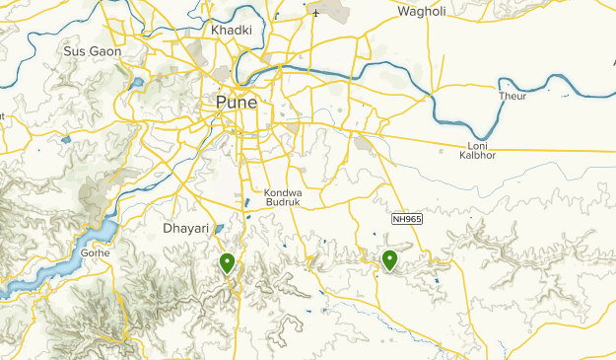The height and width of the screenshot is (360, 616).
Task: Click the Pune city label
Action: pos(237,103)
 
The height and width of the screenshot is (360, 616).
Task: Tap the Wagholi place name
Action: pos(423,12)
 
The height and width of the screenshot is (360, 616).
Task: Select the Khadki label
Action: pos(232,31)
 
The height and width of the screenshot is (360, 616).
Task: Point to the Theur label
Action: pos(513,96)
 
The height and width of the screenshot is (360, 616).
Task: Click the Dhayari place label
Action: pos(183,228)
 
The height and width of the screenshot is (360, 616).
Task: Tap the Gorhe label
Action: pos(97,252)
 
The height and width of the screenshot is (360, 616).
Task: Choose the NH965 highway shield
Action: pos(406,219)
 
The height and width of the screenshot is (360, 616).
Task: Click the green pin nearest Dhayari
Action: pos(228,262)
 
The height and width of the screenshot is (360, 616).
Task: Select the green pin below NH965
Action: pos(389,259)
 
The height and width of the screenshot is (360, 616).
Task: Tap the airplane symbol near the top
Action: pos(315,14)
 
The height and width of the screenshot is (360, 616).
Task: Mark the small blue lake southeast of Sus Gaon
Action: pos(137,83)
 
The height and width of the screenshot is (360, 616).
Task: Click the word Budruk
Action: pos(282,202)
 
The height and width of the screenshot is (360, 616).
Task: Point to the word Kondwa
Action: pos(282,192)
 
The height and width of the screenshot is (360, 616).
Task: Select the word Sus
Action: pos(74,50)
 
